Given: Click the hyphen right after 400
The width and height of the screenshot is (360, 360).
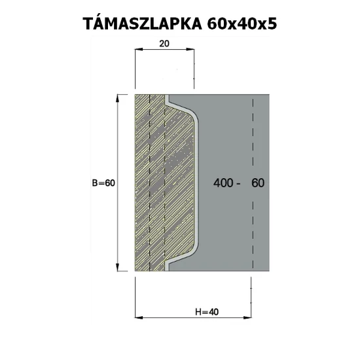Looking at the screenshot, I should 241,184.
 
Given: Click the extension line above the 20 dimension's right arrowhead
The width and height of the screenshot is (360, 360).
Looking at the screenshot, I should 196,72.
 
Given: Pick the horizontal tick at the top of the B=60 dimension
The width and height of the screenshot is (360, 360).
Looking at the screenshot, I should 120,95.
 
